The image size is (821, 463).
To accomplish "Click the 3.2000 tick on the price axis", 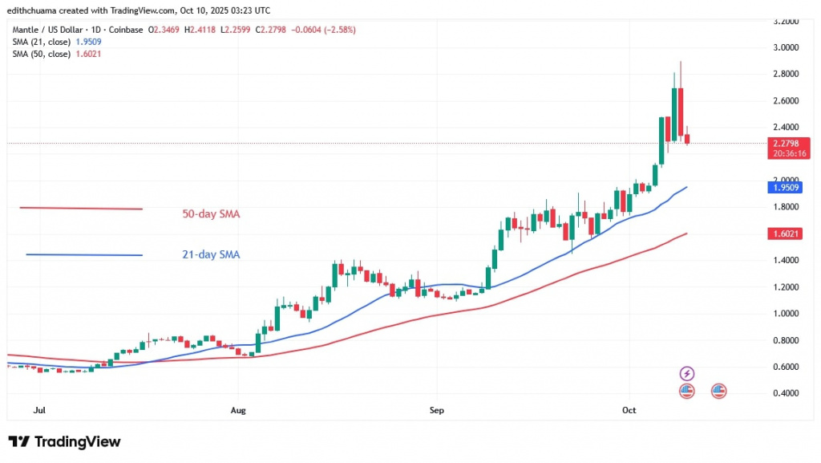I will (784, 22).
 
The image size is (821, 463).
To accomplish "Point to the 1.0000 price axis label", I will (784, 314).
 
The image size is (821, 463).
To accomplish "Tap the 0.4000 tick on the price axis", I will (784, 393).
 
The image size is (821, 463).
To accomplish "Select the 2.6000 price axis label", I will (784, 101).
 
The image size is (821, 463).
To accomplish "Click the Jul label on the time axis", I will (38, 410).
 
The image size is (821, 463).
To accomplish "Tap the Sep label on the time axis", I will (435, 410).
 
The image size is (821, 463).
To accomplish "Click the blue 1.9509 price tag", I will (784, 188).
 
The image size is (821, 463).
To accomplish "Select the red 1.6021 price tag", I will (784, 234).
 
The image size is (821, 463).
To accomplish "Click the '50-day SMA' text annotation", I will (212, 214).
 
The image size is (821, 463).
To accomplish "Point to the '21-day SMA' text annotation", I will (212, 255).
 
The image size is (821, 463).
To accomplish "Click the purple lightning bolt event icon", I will (686, 373).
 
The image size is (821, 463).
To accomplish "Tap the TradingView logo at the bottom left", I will (64, 442).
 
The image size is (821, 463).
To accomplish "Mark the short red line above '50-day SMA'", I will (81, 209).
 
